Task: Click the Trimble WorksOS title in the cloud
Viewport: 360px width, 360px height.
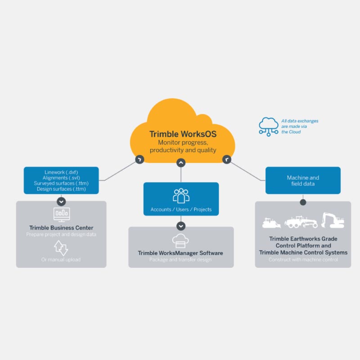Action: point(180,134)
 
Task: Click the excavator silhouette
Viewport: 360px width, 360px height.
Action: point(333,220)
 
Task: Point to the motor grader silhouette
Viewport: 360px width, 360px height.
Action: point(301,221)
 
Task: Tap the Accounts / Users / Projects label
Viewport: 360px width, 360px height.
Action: point(181,210)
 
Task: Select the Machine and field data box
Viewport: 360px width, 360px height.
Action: point(303,180)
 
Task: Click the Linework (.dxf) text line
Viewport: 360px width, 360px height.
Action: point(61,172)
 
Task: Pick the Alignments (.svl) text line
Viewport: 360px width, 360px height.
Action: point(61,178)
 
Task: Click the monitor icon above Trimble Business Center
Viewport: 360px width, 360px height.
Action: point(61,214)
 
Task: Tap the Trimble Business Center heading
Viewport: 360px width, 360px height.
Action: point(61,228)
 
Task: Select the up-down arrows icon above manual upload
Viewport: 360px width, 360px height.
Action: point(61,247)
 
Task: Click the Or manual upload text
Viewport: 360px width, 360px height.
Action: point(61,260)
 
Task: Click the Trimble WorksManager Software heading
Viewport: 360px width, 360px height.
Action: point(181,253)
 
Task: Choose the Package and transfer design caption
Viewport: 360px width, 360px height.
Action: point(181,260)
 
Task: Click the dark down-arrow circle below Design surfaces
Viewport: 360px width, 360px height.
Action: point(61,201)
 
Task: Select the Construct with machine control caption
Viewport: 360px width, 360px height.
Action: point(303,260)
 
